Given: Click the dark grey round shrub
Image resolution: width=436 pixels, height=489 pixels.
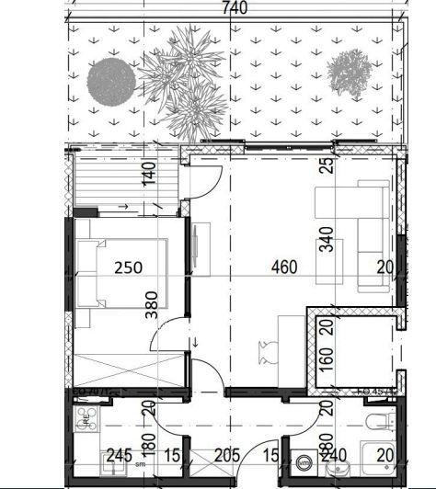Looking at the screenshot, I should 110,81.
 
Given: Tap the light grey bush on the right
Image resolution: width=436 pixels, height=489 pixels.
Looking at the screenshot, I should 349,70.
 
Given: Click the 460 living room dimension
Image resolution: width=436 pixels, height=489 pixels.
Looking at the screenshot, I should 285,268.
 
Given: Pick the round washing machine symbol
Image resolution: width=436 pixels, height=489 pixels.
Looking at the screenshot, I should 301,452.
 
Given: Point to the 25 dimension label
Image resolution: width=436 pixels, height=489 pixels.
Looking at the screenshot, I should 324,165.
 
